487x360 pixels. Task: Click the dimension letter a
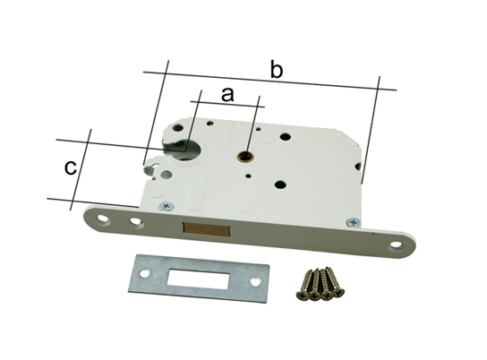227,94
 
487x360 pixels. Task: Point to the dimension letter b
277,70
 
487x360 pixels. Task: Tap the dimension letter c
71,167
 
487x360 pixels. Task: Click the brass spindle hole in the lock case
244,156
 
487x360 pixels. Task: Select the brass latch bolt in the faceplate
207,228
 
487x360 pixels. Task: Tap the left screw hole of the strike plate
144,274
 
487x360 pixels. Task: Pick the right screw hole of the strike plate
254,282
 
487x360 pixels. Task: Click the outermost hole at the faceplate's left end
103,219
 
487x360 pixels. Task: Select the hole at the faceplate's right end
397,245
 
